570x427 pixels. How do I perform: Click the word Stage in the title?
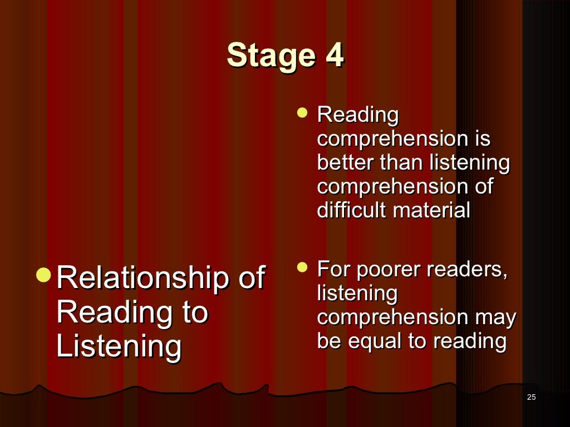[267, 56]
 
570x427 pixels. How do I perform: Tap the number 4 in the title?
[334, 56]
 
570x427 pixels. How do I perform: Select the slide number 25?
[530, 396]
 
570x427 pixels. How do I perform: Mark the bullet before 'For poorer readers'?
[302, 267]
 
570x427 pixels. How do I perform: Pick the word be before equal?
[330, 341]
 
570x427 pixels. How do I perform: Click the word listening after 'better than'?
[469, 163]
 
